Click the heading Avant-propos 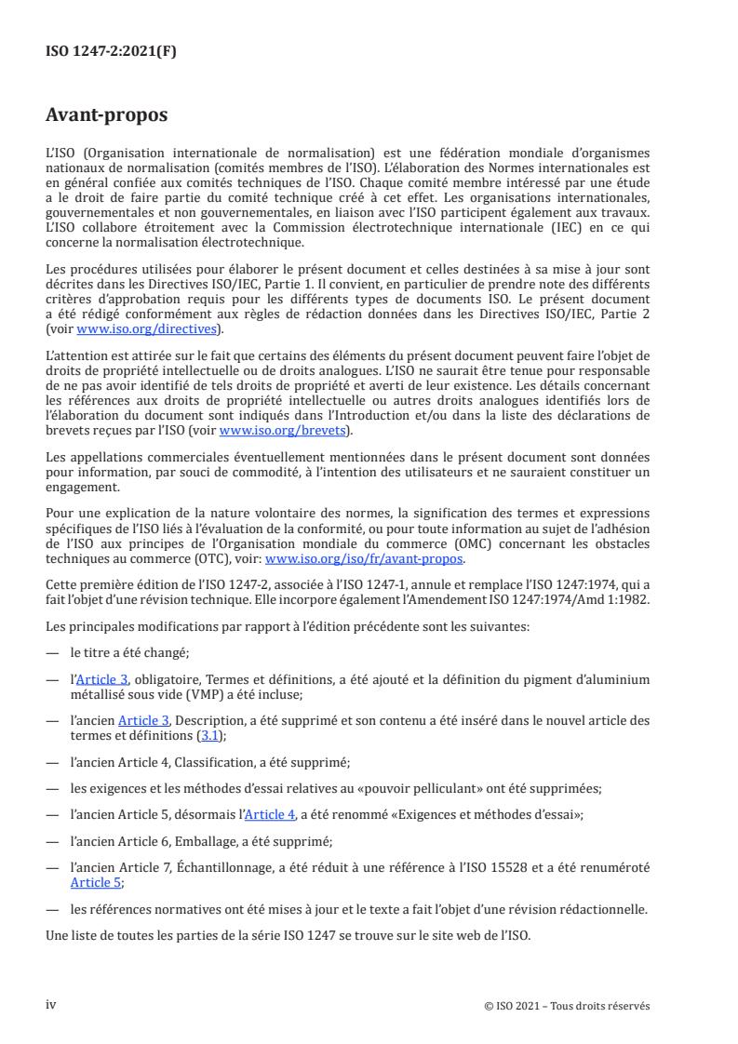(107, 117)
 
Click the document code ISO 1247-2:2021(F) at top (111, 52)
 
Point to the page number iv (51, 1006)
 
